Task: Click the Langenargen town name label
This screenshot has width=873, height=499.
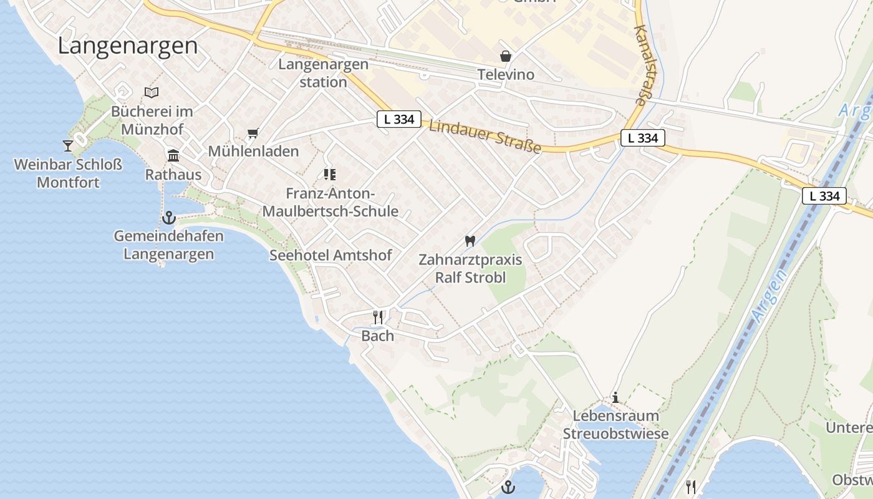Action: pyautogui.click(x=128, y=46)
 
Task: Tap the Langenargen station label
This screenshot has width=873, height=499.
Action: pyautogui.click(x=323, y=73)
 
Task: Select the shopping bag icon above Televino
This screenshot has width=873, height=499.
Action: pyautogui.click(x=506, y=56)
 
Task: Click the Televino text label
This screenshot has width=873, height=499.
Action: pyautogui.click(x=506, y=75)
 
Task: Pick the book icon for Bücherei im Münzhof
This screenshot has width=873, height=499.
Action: pyautogui.click(x=152, y=92)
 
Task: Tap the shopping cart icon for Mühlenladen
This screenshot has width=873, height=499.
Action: pyautogui.click(x=253, y=133)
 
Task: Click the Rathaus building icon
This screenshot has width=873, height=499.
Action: pyautogui.click(x=173, y=155)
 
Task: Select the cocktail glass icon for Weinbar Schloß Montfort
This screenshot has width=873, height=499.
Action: pyautogui.click(x=68, y=146)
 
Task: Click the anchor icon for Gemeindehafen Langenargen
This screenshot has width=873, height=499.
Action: pyautogui.click(x=168, y=218)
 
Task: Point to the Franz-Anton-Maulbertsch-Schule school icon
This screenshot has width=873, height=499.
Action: pyautogui.click(x=330, y=175)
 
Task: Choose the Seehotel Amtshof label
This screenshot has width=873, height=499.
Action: pyautogui.click(x=330, y=255)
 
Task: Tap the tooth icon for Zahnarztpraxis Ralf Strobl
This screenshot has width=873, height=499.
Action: pyautogui.click(x=470, y=241)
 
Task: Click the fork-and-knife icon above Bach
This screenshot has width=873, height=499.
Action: pyautogui.click(x=378, y=317)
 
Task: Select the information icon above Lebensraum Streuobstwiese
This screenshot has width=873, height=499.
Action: pyautogui.click(x=615, y=397)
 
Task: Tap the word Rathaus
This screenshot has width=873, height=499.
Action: pyautogui.click(x=173, y=175)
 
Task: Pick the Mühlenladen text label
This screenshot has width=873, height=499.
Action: pyautogui.click(x=253, y=152)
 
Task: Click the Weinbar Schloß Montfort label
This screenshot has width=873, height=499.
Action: pyautogui.click(x=68, y=174)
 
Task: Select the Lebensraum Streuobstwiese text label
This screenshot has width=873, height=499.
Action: pyautogui.click(x=615, y=425)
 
